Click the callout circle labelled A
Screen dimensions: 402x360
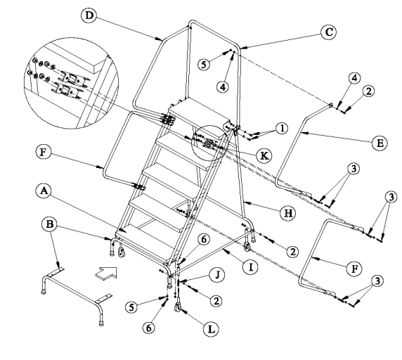click(44, 191)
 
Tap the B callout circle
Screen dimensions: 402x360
click(49, 224)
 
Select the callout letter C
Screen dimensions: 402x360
click(329, 32)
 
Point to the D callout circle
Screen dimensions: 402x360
click(89, 15)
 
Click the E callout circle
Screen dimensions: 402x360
click(380, 143)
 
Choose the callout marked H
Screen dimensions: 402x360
click(288, 213)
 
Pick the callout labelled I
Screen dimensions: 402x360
click(250, 267)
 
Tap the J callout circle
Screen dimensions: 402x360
click(217, 275)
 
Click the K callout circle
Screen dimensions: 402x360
click(264, 155)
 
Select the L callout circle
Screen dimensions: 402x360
click(212, 329)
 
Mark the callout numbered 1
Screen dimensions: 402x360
click(283, 128)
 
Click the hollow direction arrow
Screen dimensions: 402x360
click(107, 273)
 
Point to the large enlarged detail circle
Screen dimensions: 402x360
click(71, 82)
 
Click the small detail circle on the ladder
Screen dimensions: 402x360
click(210, 143)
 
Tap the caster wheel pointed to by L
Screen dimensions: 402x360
click(177, 307)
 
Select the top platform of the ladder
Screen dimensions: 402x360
click(199, 110)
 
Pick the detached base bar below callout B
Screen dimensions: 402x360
click(77, 295)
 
